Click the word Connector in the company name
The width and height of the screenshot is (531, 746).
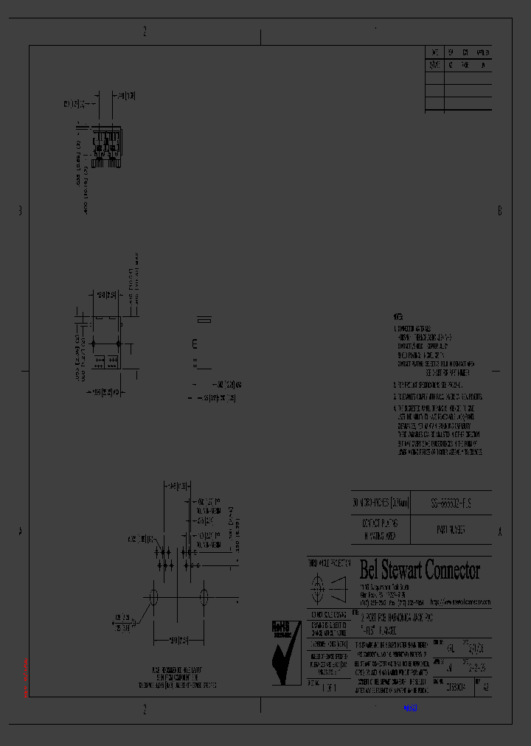[x=452, y=571]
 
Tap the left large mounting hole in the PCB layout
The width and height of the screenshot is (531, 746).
[x=153, y=598]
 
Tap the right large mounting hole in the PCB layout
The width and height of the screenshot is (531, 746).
[x=203, y=598]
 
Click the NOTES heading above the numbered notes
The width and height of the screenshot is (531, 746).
[x=398, y=316]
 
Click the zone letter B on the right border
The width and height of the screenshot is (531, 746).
[x=499, y=211]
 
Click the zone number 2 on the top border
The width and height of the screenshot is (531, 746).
[x=145, y=31]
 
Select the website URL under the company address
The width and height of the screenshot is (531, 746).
[x=461, y=602]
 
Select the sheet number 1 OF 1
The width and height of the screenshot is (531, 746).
[x=329, y=686]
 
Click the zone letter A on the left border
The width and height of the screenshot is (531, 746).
[x=20, y=531]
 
